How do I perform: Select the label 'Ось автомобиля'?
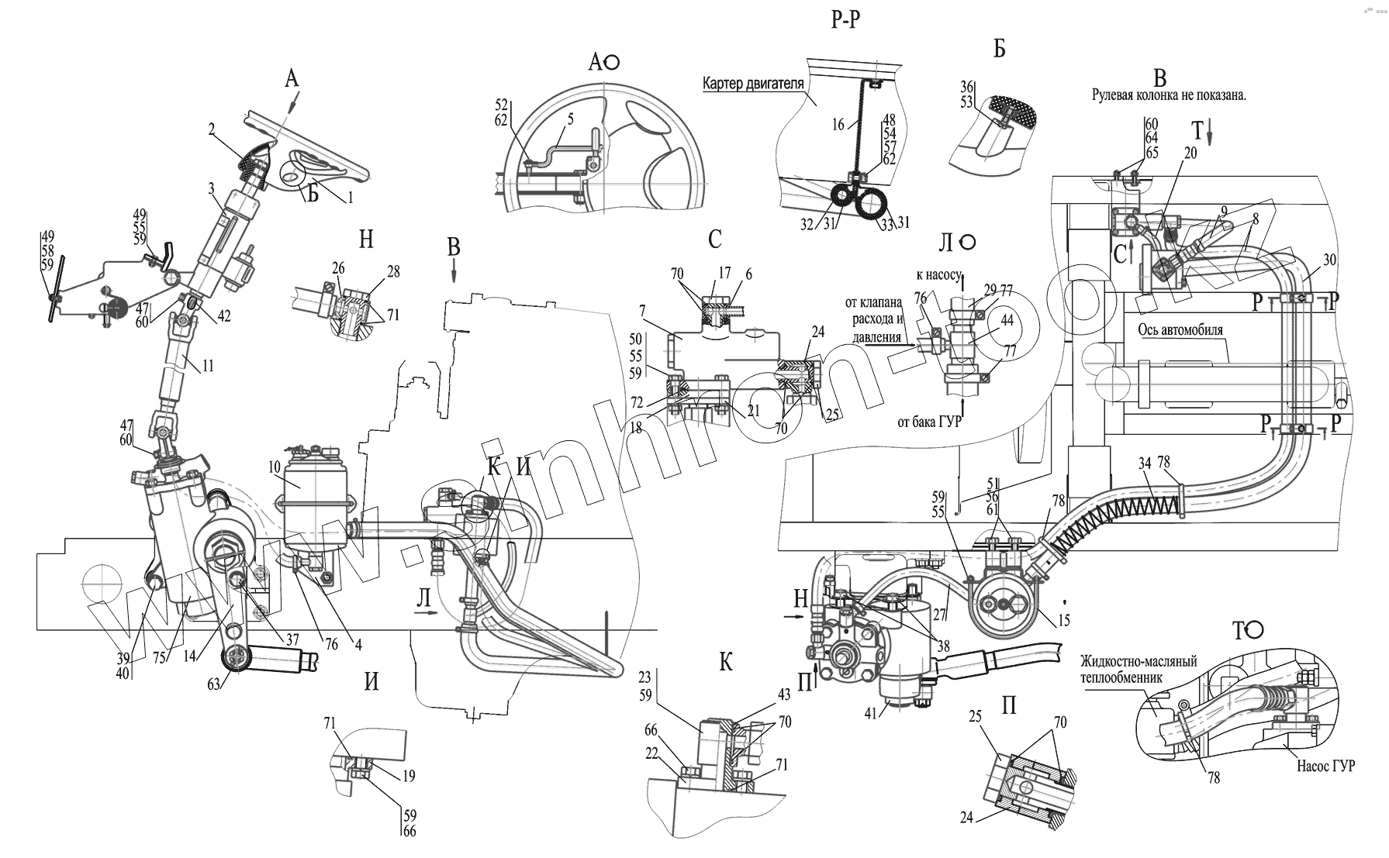1180,329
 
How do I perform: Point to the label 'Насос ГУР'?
1325,766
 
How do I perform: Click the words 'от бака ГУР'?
928,422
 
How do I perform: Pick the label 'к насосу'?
938,274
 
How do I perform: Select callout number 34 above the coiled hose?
1145,465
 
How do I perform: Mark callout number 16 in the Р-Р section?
838,123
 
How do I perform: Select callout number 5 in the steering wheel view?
570,119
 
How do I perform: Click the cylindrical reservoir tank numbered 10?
314,504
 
